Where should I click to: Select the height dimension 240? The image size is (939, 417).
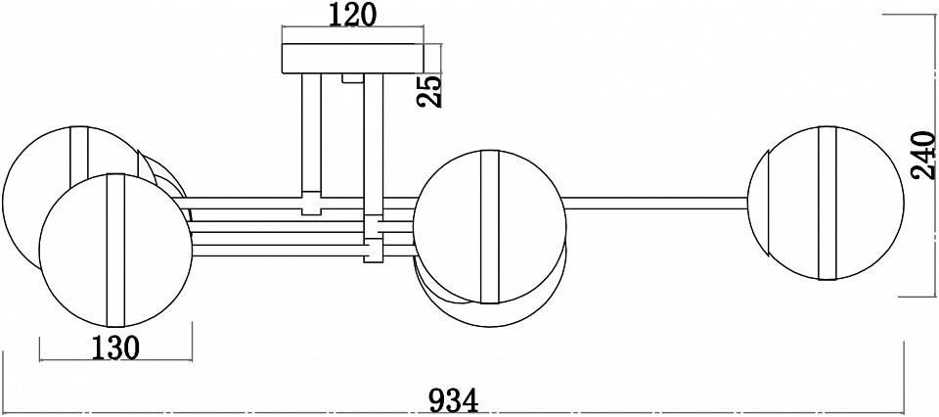[x=922, y=154]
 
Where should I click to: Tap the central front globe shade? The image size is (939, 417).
[x=489, y=224]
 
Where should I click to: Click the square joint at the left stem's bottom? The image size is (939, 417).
[x=312, y=206]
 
